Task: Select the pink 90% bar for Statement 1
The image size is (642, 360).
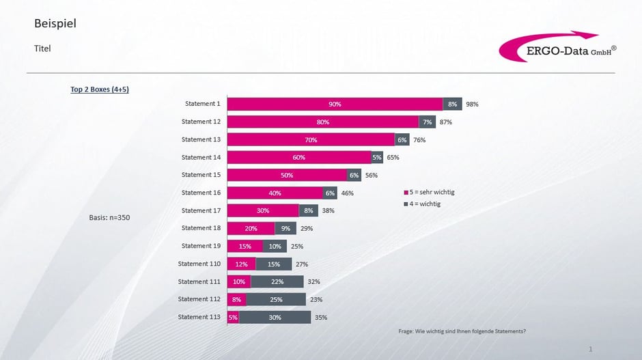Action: pos(335,104)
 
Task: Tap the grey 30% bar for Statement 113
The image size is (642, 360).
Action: pos(275,317)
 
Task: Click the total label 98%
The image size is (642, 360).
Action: pos(472,105)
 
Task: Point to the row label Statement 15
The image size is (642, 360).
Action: pos(201,175)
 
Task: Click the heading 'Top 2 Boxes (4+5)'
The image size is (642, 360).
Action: pos(100,89)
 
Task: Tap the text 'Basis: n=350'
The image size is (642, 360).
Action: pos(109,217)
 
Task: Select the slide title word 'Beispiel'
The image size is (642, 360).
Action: pos(55,24)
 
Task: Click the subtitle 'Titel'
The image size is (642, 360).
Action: pos(42,49)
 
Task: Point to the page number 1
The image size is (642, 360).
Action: pos(590,349)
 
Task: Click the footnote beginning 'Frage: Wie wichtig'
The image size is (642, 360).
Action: pos(462,331)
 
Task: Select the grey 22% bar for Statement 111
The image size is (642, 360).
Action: pos(277,281)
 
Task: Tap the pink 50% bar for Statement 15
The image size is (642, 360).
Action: pos(287,175)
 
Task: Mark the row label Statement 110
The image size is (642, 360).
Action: pos(199,264)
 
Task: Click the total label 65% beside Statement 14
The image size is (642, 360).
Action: pos(393,157)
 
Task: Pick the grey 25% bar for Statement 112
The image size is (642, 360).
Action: pos(276,299)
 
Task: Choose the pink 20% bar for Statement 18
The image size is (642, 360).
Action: pos(251,228)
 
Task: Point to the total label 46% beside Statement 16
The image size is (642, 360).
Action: pos(347,193)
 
